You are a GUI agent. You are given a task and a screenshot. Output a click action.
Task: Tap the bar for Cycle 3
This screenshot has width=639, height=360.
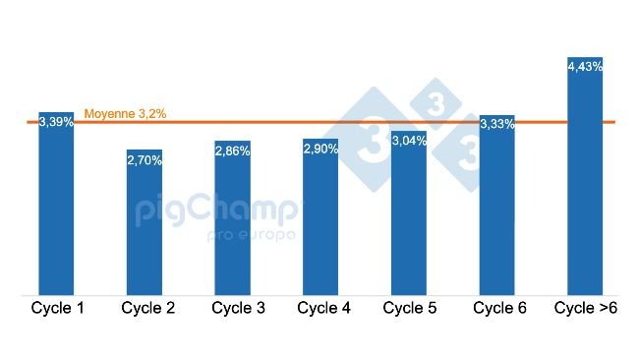click(232, 226)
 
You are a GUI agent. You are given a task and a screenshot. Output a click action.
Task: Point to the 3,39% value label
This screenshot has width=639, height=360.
click(56, 122)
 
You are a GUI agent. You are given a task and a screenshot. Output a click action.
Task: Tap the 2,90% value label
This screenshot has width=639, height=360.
click(320, 149)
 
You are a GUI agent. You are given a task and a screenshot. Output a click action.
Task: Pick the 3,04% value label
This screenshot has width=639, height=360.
click(409, 141)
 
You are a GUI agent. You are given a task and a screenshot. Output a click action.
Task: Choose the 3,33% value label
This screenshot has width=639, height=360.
click(496, 124)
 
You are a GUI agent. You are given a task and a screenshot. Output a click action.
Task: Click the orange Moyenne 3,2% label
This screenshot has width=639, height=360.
click(125, 114)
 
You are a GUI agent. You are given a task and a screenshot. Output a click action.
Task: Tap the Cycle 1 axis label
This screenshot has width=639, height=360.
click(57, 309)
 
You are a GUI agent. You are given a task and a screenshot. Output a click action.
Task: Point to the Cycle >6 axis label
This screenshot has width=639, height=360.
click(587, 309)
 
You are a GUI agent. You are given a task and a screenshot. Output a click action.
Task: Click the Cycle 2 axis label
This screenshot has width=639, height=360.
click(148, 309)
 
